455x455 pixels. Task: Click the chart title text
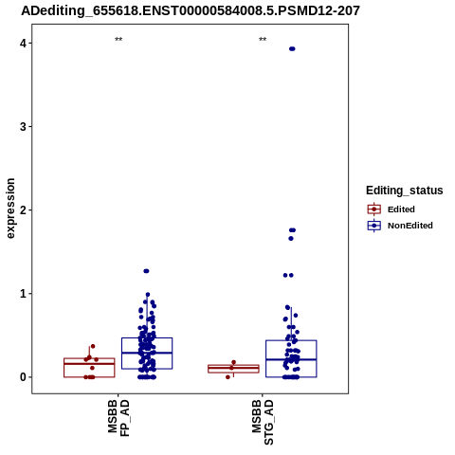(191, 10)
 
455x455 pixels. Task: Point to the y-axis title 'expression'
(10, 209)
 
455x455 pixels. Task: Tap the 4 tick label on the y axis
(23, 43)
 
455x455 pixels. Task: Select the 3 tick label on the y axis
(23, 127)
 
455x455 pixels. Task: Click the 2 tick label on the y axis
(23, 210)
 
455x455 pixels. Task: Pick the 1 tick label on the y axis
(23, 294)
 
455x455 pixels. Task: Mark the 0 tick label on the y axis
(23, 377)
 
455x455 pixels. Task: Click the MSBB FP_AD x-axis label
(118, 418)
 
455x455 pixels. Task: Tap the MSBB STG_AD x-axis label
(263, 422)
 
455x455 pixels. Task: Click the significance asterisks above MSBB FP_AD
(118, 40)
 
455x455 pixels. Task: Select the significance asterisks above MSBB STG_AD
(263, 40)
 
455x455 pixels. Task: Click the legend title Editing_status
(405, 191)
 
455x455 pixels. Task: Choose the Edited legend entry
(391, 209)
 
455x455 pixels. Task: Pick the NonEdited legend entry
(400, 226)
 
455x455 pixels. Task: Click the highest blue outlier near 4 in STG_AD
(292, 48)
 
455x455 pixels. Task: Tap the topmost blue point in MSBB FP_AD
(146, 271)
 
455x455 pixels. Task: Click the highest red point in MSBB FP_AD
(93, 346)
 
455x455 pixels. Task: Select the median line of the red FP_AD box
(89, 364)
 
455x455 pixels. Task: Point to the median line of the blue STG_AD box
(291, 359)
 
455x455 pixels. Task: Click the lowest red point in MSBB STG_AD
(227, 377)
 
